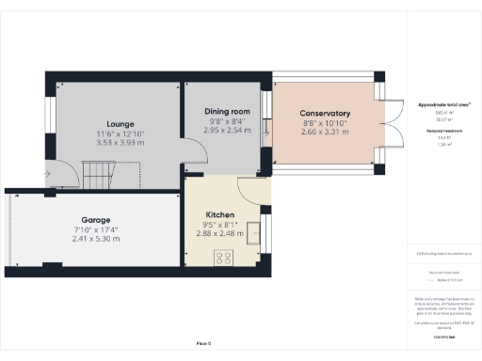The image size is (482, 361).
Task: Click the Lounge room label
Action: coord(120,123)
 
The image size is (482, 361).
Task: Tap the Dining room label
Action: coord(227,111)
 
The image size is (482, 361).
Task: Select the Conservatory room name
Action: coord(324,114)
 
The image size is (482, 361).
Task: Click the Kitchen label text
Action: coord(220,214)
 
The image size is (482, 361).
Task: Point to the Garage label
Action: coord(96,219)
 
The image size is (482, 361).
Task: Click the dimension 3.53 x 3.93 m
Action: coord(120,143)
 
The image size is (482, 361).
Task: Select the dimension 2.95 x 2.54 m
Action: coord(227,131)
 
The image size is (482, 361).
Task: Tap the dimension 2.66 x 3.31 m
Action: coord(324,133)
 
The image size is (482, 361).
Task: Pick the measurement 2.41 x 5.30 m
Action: coord(96,239)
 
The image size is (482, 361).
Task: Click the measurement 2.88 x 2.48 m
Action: coord(220,234)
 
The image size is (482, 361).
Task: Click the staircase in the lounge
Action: coord(99,173)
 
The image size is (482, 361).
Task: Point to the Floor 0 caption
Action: coord(203,344)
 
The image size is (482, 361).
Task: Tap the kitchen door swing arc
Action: coord(252,191)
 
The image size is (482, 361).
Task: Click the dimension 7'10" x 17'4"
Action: coord(96,228)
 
